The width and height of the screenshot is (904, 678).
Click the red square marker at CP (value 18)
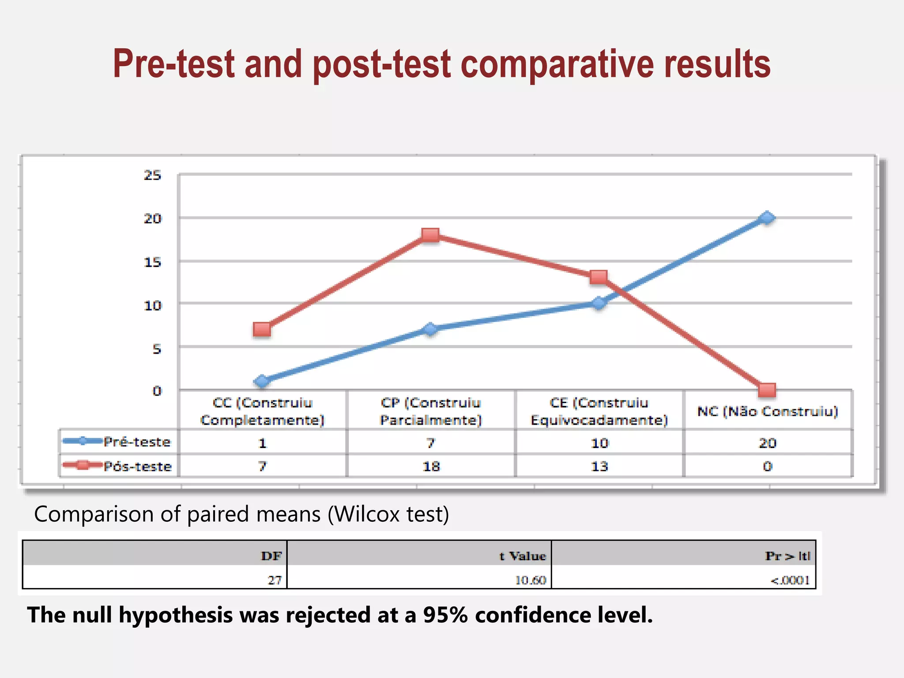coord(430,235)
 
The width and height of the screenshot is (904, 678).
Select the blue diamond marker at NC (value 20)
coord(767,218)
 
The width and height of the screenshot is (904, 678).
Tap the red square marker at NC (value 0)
coord(767,390)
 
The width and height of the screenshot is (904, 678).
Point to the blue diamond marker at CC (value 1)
coord(262,381)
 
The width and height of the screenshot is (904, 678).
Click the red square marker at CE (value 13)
coord(599,277)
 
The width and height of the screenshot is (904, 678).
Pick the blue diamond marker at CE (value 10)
coord(599,303)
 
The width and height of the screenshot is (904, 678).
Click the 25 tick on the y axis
coord(152,175)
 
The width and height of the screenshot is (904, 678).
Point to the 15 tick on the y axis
coord(152,262)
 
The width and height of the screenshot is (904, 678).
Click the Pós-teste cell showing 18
coord(431,466)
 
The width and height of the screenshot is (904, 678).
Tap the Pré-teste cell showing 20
coord(767,443)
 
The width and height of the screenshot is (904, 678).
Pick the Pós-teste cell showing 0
coord(767,466)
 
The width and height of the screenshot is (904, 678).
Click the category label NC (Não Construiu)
coord(767,411)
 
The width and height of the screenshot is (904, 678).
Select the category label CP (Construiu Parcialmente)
coord(431,411)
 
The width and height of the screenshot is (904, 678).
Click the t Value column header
coord(523,556)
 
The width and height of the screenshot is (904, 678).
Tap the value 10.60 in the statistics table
coord(531,580)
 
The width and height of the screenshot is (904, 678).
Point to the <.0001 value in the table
coord(790,580)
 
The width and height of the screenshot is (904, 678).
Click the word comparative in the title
coord(557,64)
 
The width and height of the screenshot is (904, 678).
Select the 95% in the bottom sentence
coord(445,615)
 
